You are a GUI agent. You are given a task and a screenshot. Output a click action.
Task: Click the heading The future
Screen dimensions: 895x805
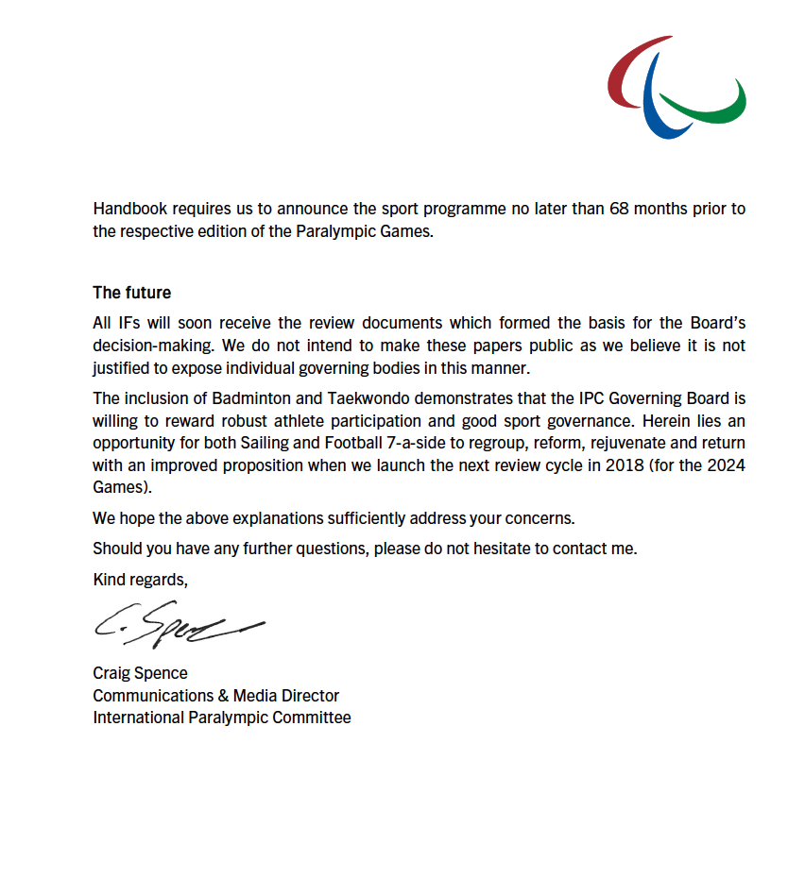coord(131,293)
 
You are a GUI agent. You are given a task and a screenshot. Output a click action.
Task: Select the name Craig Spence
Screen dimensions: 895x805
coord(140,673)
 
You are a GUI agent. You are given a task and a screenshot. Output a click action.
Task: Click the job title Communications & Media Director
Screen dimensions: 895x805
coord(215,696)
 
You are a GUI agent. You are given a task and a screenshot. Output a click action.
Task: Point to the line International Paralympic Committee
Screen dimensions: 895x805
coord(221,718)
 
